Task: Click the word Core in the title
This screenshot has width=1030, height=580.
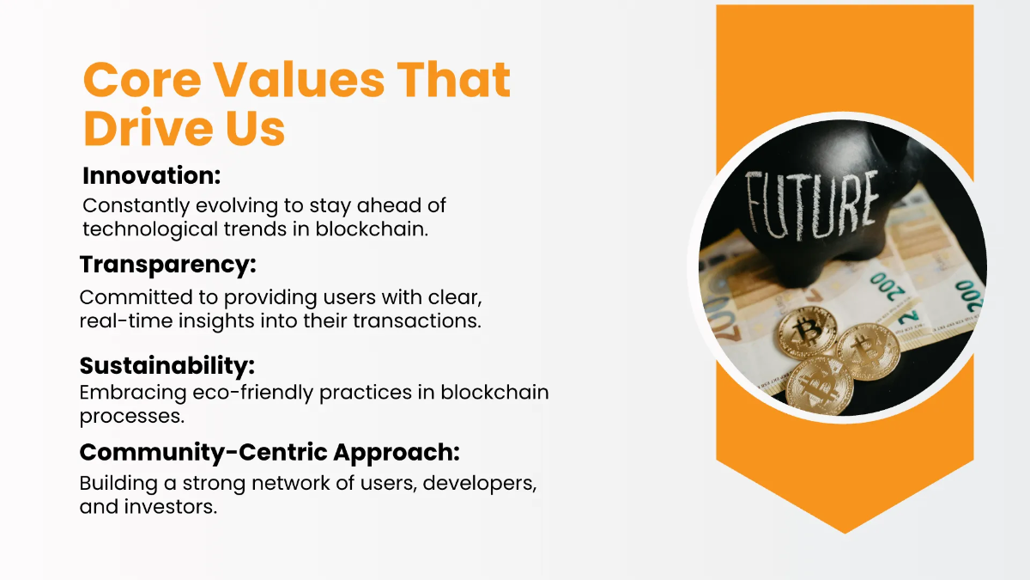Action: pos(141,82)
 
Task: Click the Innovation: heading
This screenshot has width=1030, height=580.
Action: pos(152,176)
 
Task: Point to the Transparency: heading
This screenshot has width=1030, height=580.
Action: pos(168,266)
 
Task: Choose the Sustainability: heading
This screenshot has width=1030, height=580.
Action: pos(167,365)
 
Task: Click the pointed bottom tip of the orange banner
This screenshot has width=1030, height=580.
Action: pos(845,531)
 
